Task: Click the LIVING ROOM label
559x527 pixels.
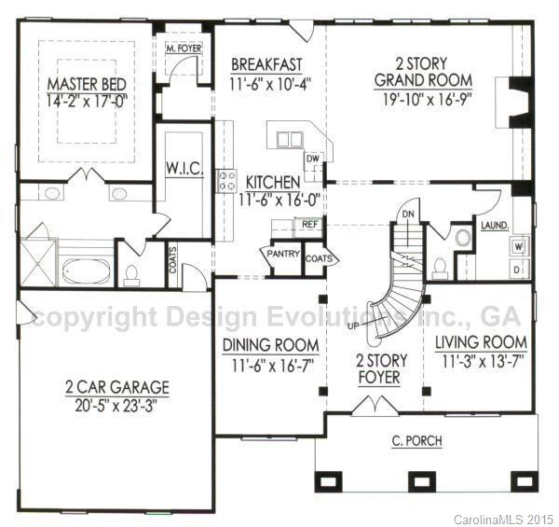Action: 482,341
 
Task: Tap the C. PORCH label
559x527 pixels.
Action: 417,441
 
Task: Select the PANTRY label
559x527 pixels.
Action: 282,254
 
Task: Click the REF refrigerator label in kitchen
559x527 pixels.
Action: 307,225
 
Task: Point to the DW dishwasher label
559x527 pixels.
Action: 313,159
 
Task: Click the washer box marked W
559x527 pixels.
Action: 517,246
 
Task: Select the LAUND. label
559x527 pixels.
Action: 494,225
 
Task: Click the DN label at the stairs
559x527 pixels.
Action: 407,214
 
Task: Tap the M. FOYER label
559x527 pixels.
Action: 183,47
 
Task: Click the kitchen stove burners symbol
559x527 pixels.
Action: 225,181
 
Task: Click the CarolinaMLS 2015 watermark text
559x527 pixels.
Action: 504,518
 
